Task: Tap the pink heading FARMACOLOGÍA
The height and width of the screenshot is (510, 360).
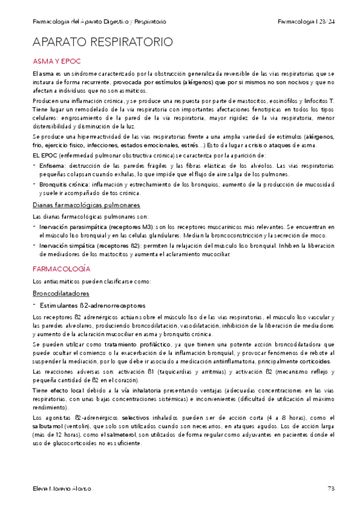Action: click(x=61, y=268)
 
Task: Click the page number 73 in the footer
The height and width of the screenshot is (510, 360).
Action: click(x=331, y=488)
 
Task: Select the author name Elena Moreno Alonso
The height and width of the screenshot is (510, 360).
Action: click(x=62, y=488)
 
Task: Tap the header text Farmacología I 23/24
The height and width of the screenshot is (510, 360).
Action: click(x=306, y=22)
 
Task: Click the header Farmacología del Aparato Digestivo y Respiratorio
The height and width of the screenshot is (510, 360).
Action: click(x=99, y=22)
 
